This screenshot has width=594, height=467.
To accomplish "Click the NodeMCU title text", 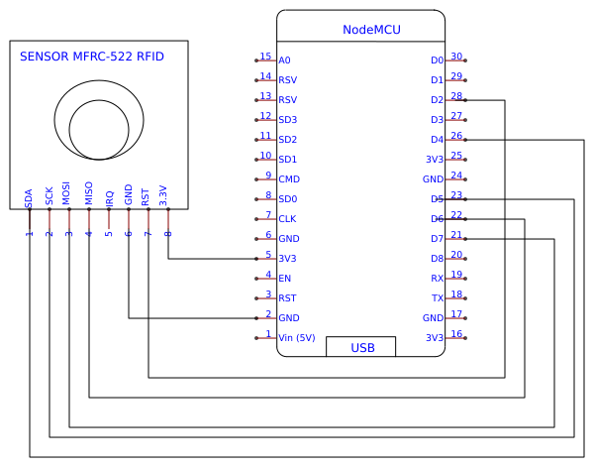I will tap(371, 30).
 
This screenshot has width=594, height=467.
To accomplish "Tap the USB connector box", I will tap(361, 347).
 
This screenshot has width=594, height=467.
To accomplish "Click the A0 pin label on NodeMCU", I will tap(285, 60).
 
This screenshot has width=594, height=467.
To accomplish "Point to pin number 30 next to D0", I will tap(456, 57).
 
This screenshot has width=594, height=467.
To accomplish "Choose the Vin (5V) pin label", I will tap(297, 338).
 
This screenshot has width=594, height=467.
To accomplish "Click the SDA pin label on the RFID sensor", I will tap(30, 196).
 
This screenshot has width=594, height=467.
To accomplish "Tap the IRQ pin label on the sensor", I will tap(109, 196).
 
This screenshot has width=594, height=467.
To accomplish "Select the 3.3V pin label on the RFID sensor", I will tap(164, 195).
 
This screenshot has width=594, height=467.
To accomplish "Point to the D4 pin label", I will tap(437, 140).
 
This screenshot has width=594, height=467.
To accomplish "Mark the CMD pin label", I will tap(289, 179).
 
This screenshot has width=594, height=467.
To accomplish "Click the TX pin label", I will tap(437, 298).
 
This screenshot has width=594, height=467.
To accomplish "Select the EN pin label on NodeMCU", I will tap(285, 279).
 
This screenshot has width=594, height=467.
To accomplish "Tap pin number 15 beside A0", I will tap(265, 57).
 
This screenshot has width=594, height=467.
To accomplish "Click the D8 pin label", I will tap(437, 259).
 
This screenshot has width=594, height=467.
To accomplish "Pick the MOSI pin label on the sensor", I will tap(67, 193).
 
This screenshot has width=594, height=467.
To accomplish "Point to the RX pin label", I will tap(437, 279).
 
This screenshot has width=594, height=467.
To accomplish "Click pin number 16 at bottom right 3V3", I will tap(456, 334).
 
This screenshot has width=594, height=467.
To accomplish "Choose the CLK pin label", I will tap(287, 219).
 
